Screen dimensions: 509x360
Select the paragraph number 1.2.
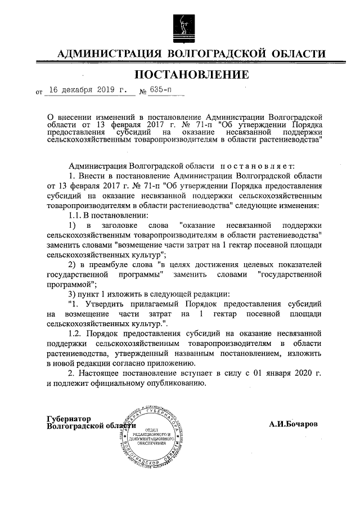tap(75, 335)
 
